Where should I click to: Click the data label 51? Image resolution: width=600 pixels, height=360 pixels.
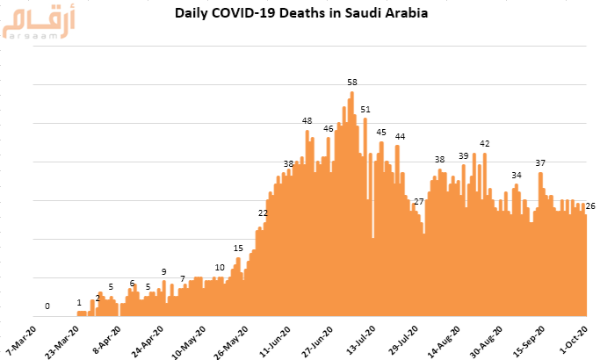[x=365, y=110]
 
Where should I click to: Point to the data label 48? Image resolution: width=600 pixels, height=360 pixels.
[x=307, y=121]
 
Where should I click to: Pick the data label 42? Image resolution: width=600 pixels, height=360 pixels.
[x=484, y=144]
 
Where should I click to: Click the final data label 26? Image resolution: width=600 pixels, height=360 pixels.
[x=591, y=206]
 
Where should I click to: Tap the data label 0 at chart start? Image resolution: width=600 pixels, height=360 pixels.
[x=47, y=306]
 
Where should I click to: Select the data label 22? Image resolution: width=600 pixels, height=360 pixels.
[x=263, y=213]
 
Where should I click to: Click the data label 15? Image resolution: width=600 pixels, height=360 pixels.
[x=238, y=248]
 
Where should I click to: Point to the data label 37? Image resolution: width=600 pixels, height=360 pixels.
[x=540, y=163]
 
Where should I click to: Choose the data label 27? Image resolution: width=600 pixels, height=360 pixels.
[x=419, y=202]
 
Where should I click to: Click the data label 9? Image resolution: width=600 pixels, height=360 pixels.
[x=163, y=272]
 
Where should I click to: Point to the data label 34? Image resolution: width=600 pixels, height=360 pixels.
[x=517, y=176]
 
